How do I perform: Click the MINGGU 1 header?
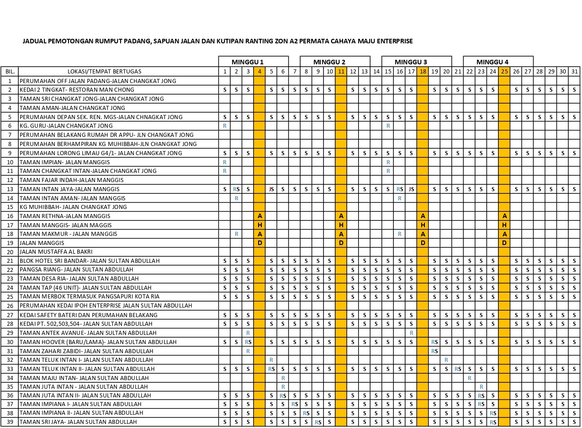click(x=248, y=62)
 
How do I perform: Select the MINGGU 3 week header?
click(x=411, y=62)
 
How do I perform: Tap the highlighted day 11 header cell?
click(x=341, y=72)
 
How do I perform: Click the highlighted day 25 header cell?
click(x=504, y=72)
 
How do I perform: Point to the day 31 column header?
click(x=574, y=72)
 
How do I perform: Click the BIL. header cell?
click(x=10, y=72)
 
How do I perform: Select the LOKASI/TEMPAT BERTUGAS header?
click(x=105, y=72)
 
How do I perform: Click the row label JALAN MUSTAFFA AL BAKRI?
click(x=56, y=252)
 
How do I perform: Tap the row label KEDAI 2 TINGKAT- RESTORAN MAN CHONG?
click(x=77, y=90)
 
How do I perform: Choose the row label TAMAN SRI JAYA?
click(x=78, y=422)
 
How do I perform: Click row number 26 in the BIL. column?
click(x=10, y=306)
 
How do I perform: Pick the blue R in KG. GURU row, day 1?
click(x=225, y=126)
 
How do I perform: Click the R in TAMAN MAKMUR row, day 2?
click(x=237, y=234)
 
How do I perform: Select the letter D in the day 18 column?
click(x=423, y=243)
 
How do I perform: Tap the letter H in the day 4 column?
click(x=259, y=225)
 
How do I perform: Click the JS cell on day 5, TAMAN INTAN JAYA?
click(x=271, y=189)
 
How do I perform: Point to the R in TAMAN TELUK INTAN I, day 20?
click(x=446, y=360)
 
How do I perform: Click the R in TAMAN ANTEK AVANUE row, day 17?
click(x=412, y=333)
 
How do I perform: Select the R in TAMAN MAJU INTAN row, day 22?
click(x=470, y=378)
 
